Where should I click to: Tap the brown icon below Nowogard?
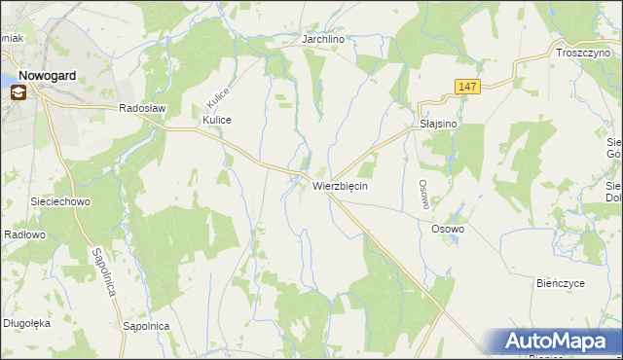pos(18,92)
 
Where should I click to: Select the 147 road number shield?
pos(467,88)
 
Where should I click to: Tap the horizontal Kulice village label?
pos(216,120)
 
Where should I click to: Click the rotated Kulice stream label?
pos(216,92)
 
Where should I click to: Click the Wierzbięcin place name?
pos(340,185)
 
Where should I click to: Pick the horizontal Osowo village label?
pos(448,229)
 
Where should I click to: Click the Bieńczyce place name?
pos(560,283)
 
